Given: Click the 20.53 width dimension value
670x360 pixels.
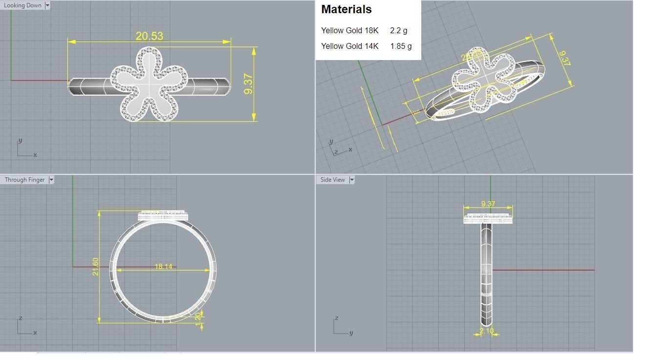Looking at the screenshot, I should (150, 36).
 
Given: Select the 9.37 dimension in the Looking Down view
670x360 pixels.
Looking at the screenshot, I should (248, 84).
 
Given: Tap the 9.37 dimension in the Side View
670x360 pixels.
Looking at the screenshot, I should (488, 204).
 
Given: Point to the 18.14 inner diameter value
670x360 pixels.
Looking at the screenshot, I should (163, 266).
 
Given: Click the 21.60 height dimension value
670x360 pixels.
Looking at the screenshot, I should (96, 266).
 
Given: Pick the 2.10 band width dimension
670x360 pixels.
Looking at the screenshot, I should (487, 331).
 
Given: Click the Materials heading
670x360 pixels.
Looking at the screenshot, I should (346, 9).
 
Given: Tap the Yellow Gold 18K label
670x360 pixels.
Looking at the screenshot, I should (349, 30).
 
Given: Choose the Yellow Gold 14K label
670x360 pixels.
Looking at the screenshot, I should (349, 46).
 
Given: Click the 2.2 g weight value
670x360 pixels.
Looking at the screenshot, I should (398, 30).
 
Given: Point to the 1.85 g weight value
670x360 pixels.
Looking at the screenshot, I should (401, 46).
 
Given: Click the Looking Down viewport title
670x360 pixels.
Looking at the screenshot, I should (22, 5).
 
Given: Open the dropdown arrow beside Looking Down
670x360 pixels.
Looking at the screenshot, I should (47, 5).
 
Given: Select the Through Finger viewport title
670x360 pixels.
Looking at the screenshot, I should (24, 180).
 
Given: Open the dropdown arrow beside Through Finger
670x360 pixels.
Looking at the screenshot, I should (51, 180).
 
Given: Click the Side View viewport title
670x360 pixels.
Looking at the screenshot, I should (332, 180).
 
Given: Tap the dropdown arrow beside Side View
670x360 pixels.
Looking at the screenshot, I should (351, 180).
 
